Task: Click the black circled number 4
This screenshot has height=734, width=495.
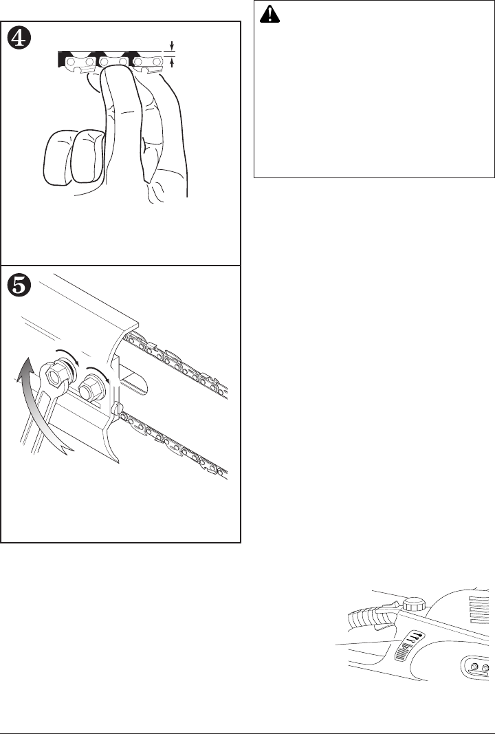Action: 22,39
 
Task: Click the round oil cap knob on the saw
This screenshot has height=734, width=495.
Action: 414,605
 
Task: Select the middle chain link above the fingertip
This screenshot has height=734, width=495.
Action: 113,61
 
